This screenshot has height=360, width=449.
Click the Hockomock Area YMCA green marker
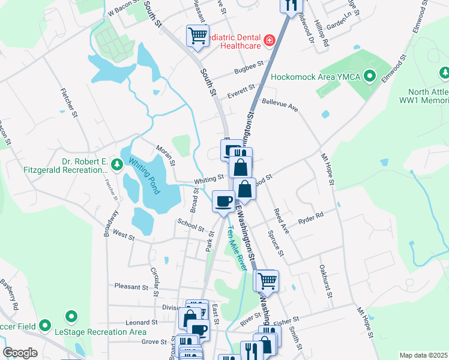tap(370, 77)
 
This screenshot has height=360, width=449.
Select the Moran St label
tap(166, 155)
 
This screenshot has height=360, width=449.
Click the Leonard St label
tap(142, 322)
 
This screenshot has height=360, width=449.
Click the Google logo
tap(20, 353)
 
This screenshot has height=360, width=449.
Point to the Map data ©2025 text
tap(423, 355)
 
